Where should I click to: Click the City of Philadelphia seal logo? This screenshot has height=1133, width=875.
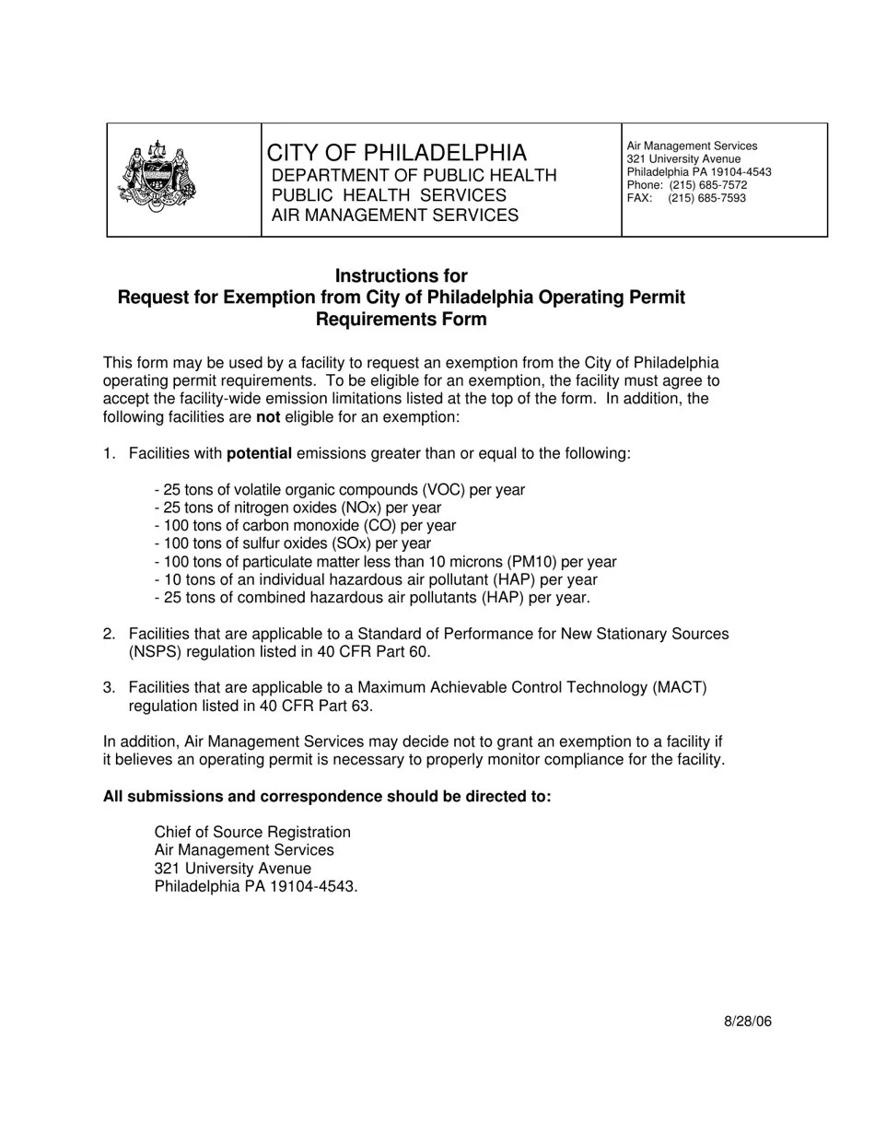pyautogui.click(x=157, y=177)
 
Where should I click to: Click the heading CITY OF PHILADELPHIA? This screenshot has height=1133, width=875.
pyautogui.click(x=396, y=153)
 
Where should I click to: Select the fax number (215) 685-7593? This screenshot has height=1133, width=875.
pyautogui.click(x=706, y=198)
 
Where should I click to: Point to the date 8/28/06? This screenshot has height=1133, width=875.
pyautogui.click(x=747, y=1022)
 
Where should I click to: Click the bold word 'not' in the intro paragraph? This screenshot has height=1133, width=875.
pyautogui.click(x=267, y=417)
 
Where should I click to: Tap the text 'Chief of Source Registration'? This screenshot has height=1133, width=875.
pyautogui.click(x=252, y=833)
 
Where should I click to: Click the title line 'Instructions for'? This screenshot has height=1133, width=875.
pyautogui.click(x=401, y=276)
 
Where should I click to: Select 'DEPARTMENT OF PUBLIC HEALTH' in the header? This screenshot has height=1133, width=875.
pyautogui.click(x=414, y=175)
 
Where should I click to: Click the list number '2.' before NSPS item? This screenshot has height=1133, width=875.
pyautogui.click(x=109, y=634)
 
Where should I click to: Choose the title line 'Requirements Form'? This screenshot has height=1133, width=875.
pyautogui.click(x=401, y=320)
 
